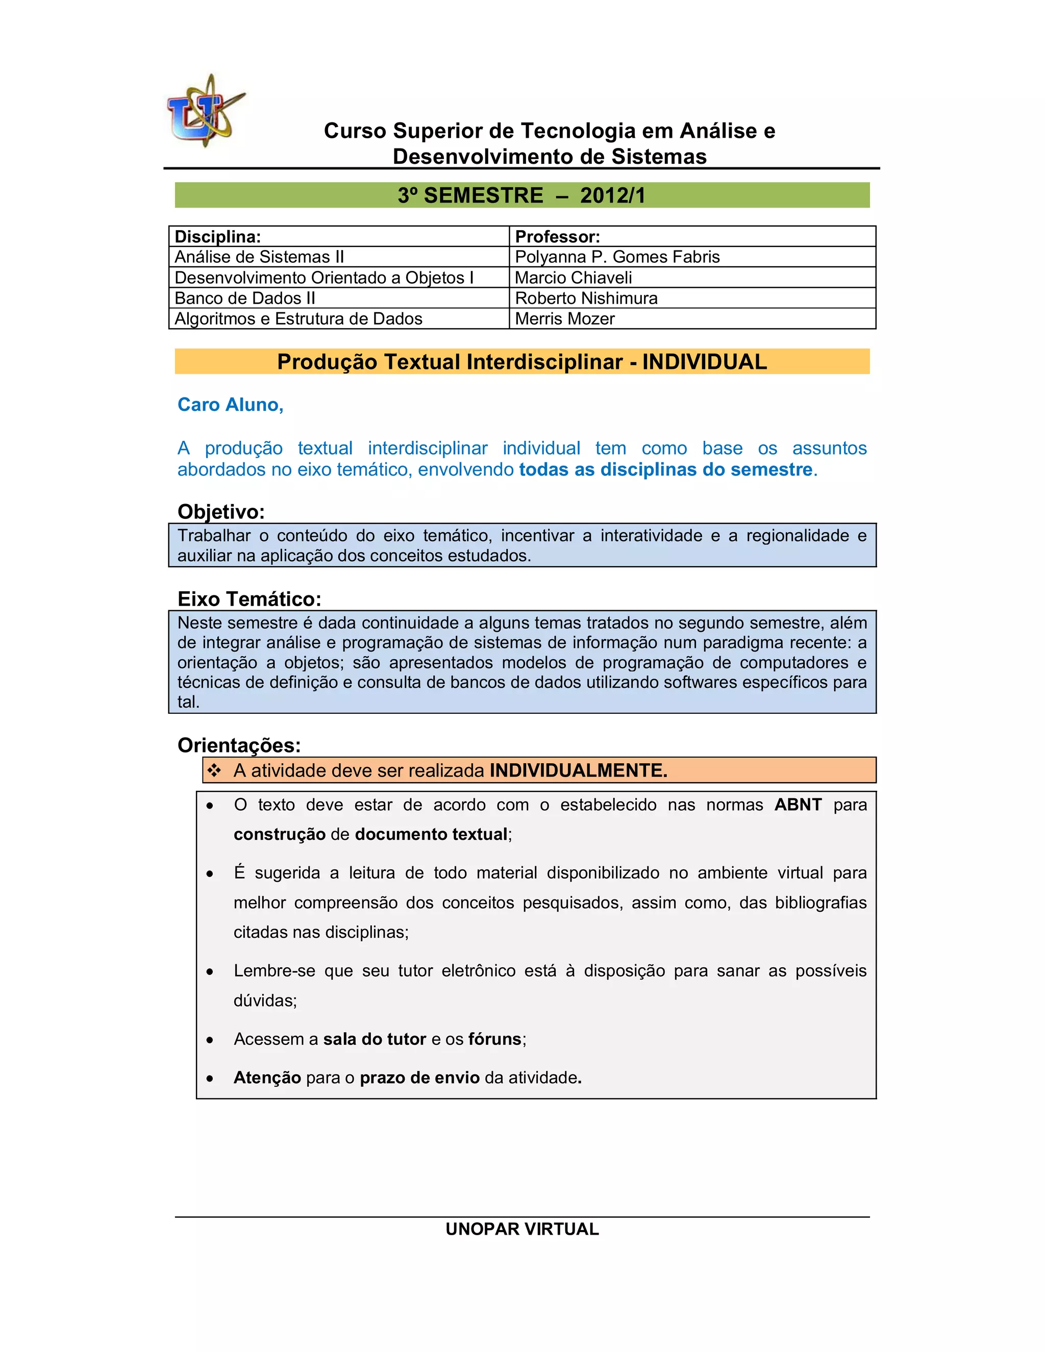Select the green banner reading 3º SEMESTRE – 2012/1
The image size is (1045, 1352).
522,195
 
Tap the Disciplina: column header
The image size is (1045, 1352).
218,237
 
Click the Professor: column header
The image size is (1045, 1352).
557,237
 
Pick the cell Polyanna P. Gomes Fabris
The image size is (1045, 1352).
617,257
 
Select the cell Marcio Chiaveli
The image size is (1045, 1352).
573,278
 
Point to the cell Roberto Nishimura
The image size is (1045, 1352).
586,298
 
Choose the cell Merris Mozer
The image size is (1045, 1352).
565,319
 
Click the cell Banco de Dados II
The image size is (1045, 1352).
245,298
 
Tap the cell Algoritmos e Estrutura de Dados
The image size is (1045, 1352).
298,319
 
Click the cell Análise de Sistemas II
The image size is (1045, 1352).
259,257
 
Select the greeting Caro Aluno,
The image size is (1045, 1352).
230,405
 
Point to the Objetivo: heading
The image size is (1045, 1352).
221,511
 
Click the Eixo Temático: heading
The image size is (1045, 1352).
250,598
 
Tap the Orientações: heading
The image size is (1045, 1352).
239,745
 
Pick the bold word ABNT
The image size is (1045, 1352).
798,805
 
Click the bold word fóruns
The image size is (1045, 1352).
494,1039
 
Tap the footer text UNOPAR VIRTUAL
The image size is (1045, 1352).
522,1229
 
